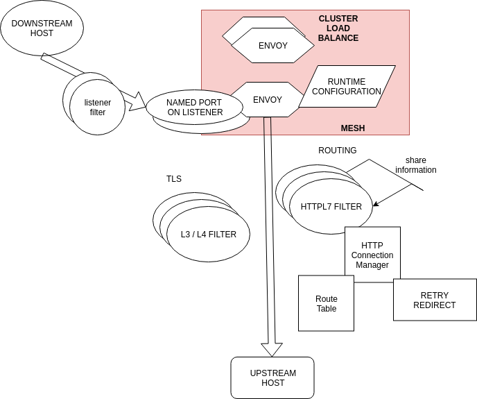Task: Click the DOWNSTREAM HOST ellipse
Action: click(42, 28)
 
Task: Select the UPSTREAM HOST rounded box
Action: click(272, 377)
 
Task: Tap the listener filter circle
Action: click(98, 108)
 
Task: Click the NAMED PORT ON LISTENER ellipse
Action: click(195, 107)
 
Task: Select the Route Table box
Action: click(326, 303)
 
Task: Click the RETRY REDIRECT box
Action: click(435, 300)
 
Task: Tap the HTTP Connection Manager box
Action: click(372, 255)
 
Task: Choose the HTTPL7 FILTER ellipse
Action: click(331, 206)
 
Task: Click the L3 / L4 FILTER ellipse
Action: click(208, 235)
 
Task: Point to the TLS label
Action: click(173, 179)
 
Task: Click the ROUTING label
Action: click(337, 151)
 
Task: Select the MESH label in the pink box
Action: click(352, 128)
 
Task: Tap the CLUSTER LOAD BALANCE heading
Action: click(338, 28)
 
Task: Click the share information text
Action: click(416, 165)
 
